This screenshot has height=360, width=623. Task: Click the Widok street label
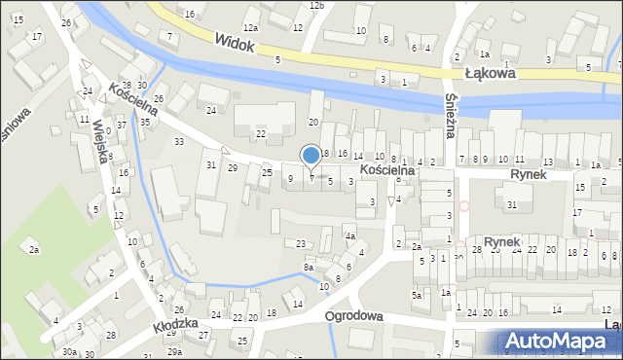click(x=235, y=43)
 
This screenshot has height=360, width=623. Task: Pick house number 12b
click(x=316, y=5)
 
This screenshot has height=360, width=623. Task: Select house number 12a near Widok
click(x=250, y=27)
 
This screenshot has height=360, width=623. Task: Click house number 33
click(x=179, y=142)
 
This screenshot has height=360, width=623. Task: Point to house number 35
click(x=144, y=122)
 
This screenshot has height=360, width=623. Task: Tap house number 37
click(x=122, y=126)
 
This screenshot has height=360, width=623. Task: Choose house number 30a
click(x=69, y=352)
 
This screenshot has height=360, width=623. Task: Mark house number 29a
click(x=174, y=351)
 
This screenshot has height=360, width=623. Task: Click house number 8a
click(x=309, y=267)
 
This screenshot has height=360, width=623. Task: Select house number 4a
click(x=349, y=236)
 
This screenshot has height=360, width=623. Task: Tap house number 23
click(x=301, y=243)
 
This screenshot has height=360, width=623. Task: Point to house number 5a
click(x=416, y=295)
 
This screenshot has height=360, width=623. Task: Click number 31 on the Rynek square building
click(x=511, y=204)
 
